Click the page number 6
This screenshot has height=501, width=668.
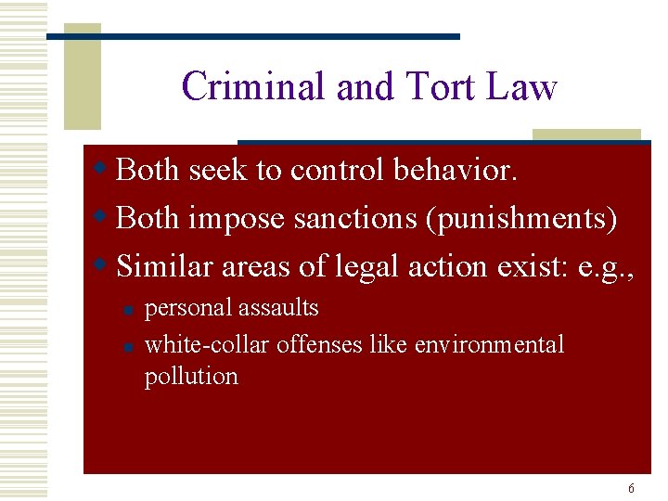click(x=632, y=488)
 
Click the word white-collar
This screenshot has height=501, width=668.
click(x=194, y=345)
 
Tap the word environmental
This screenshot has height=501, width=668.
click(x=489, y=345)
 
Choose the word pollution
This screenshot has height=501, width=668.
click(x=191, y=376)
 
